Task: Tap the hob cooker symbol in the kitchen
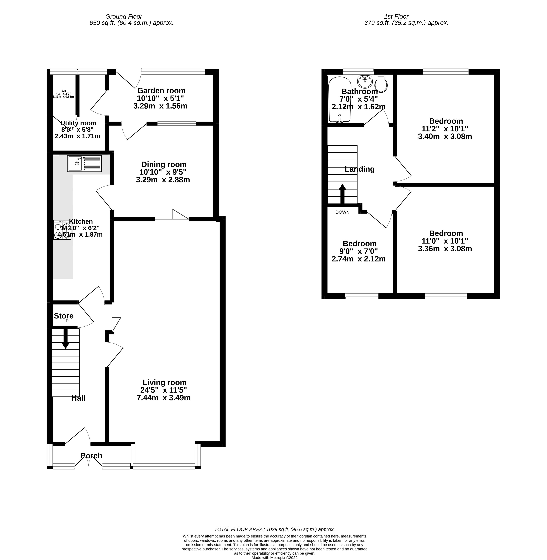(x=62, y=230)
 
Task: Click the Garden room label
(x=161, y=91)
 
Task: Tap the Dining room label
(x=164, y=165)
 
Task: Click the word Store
(x=64, y=316)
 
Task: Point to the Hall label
(x=78, y=398)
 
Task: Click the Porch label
(x=91, y=456)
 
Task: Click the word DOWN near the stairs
(x=342, y=212)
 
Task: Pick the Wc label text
(x=64, y=91)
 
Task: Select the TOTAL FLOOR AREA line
(x=274, y=529)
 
